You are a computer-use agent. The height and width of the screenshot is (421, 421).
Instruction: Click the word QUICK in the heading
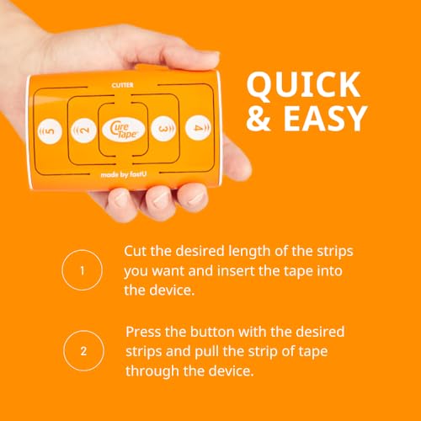pyautogui.click(x=303, y=86)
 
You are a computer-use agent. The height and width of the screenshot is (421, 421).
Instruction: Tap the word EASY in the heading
pyautogui.click(x=325, y=118)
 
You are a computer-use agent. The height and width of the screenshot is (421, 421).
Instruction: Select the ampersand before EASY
pyautogui.click(x=258, y=118)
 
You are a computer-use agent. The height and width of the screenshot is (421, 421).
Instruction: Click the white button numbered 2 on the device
pyautogui.click(x=83, y=131)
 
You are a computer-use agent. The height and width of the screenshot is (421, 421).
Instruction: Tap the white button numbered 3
pyautogui.click(x=163, y=129)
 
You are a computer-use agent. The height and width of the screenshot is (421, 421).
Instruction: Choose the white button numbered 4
pyautogui.click(x=198, y=128)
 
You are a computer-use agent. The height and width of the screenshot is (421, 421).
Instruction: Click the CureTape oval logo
pyautogui.click(x=124, y=130)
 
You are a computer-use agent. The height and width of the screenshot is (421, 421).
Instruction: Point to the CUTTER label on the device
pyautogui.click(x=122, y=85)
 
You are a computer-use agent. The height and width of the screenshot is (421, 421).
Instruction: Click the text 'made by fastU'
pyautogui.click(x=124, y=174)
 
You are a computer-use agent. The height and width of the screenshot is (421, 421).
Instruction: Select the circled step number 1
pyautogui.click(x=82, y=270)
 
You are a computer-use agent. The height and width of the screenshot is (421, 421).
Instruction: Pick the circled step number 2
pyautogui.click(x=83, y=351)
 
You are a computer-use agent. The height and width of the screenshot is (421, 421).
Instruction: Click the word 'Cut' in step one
pyautogui.click(x=135, y=251)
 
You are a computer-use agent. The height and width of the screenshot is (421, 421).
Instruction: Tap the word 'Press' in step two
pyautogui.click(x=143, y=332)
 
